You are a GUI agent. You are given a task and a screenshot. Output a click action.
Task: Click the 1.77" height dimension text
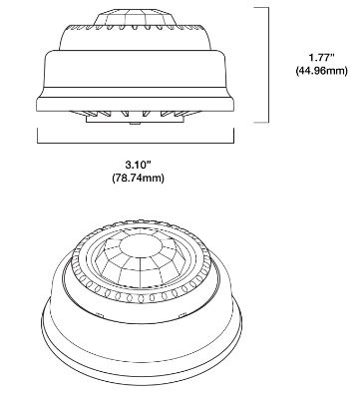click(321, 58)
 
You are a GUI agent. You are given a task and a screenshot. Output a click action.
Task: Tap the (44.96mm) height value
click(321, 71)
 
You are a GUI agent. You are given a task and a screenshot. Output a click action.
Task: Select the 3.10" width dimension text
click(139, 165)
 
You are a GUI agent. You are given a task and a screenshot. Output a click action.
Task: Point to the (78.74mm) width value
click(139, 178)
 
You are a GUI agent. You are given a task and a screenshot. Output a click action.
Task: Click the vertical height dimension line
click(268, 65)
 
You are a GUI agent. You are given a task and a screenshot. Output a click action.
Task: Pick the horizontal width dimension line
click(136, 143)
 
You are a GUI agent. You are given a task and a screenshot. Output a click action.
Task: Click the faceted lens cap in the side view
click(135, 17)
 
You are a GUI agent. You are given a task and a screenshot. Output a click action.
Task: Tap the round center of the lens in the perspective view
click(141, 246)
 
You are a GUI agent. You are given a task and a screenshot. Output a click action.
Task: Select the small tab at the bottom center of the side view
click(135, 124)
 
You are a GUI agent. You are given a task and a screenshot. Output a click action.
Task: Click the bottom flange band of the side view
click(136, 104)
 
